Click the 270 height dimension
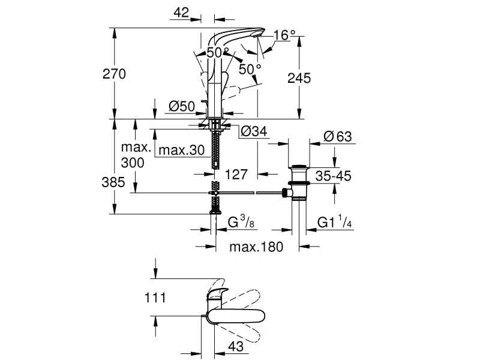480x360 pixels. coord(115,74)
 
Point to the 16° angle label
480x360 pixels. coord(284,35)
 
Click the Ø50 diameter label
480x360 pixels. coord(182,107)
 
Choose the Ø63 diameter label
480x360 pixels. coord(337,137)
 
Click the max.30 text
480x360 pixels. coord(183,149)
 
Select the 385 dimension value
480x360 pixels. coord(113,182)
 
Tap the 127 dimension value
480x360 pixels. coord(236,175)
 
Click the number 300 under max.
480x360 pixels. coord(133,162)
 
